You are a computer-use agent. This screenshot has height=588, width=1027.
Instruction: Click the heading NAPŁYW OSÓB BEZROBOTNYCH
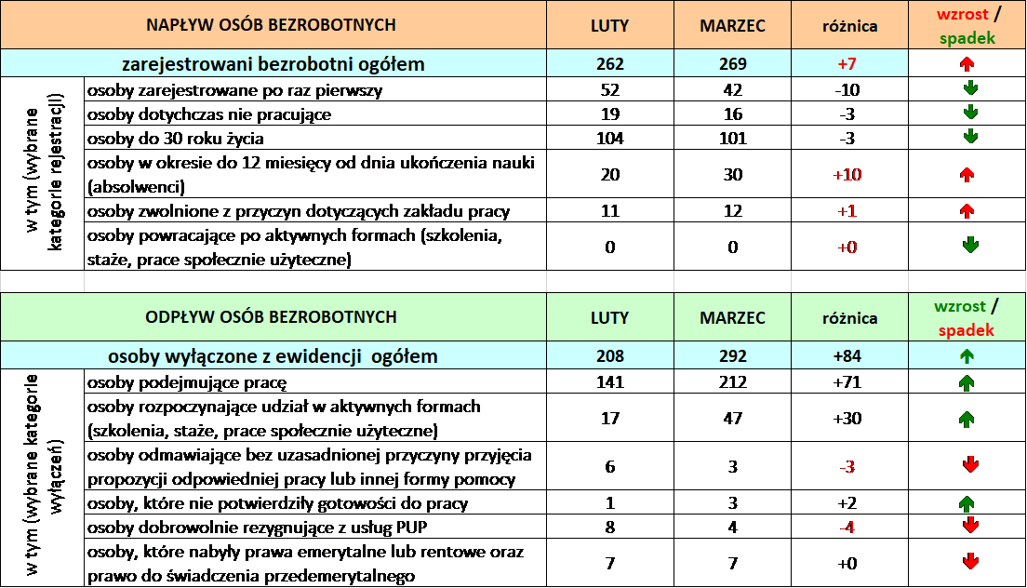(x=271, y=25)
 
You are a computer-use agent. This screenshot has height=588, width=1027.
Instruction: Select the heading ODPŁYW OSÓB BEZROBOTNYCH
(x=271, y=317)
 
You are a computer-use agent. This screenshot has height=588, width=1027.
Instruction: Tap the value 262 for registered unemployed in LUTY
(x=610, y=64)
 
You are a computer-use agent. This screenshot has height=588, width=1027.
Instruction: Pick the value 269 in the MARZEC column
(x=732, y=64)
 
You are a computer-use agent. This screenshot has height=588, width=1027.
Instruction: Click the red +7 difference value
(x=847, y=64)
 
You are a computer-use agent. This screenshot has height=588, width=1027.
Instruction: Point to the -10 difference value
(x=847, y=89)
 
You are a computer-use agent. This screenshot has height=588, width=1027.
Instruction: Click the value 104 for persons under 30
(x=610, y=138)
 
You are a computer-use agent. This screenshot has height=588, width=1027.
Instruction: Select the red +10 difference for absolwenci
(x=847, y=175)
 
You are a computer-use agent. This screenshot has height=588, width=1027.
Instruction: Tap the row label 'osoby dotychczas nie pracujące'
(x=209, y=114)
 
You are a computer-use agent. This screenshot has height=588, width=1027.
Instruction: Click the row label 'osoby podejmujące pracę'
(x=187, y=382)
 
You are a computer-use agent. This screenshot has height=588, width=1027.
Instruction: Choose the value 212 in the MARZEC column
(x=732, y=381)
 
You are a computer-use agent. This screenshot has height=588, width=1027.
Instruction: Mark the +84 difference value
(x=847, y=356)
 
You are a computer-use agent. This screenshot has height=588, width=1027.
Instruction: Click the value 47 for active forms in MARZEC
(x=732, y=419)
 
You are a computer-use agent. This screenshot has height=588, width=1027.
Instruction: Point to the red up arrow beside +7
(x=967, y=64)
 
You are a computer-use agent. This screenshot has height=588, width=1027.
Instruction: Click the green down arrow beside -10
(x=970, y=88)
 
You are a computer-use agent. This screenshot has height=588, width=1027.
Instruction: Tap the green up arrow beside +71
(x=967, y=382)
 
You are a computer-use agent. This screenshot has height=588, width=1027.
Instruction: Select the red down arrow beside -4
(x=970, y=525)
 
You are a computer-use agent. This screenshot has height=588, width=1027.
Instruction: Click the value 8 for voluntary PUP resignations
(x=610, y=528)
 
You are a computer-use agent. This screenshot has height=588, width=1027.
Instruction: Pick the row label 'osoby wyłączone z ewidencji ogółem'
(x=273, y=356)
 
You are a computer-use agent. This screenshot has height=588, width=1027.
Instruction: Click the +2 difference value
(x=847, y=503)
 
